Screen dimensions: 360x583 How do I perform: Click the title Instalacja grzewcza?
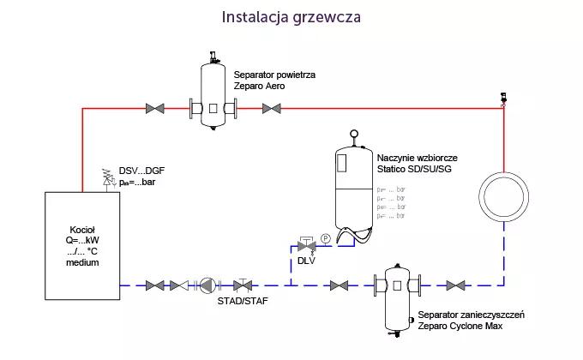pyautogui.click(x=291, y=17)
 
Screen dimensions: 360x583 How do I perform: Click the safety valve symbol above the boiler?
pyautogui.click(x=109, y=177)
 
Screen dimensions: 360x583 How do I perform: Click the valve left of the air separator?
pyautogui.click(x=156, y=108)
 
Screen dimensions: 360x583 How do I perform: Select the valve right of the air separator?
pyautogui.click(x=271, y=108)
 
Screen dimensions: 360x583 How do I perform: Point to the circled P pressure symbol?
pyautogui.click(x=325, y=237)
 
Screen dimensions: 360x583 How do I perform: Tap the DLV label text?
pyautogui.click(x=306, y=261)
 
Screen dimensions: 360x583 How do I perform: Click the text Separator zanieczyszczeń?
pyautogui.click(x=471, y=315)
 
